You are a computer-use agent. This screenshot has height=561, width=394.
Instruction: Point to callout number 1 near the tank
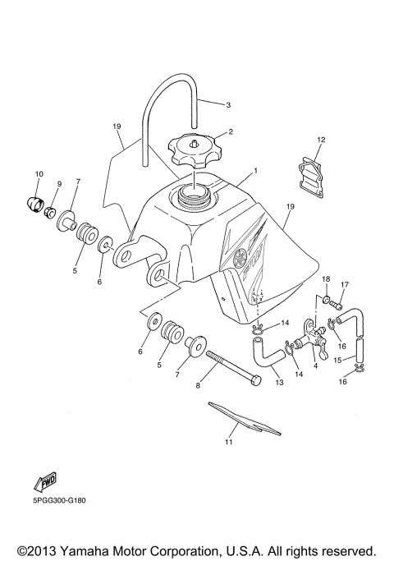tap(256, 171)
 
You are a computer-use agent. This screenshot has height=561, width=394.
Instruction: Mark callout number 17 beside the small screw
tap(345, 285)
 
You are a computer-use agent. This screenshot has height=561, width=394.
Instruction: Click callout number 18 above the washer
tap(326, 280)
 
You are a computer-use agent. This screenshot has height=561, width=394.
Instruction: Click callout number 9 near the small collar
tap(59, 183)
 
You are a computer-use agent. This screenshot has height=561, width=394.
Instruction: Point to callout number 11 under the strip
tap(229, 443)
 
